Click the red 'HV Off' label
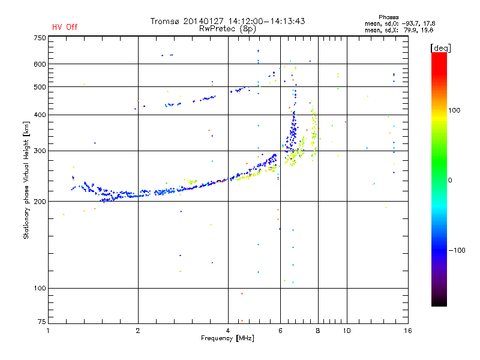[x=65, y=27]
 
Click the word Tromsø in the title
[x=164, y=21]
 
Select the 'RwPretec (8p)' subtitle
[x=227, y=29]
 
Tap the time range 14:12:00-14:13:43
[x=266, y=21]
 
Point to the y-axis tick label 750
[x=40, y=38]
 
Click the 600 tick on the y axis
[x=40, y=64]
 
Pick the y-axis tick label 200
[x=40, y=202]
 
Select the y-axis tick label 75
[x=42, y=322]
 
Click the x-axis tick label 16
[x=408, y=331]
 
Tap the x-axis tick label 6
[x=280, y=331]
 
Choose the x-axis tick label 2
[x=138, y=331]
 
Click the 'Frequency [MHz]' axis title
[x=228, y=338]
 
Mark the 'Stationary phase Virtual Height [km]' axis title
[x=26, y=180]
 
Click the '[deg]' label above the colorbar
[x=440, y=48]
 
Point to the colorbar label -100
[x=457, y=250]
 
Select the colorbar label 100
[x=454, y=110]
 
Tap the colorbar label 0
[x=450, y=180]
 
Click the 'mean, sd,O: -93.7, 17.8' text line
[x=400, y=23]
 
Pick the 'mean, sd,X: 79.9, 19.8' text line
[x=399, y=30]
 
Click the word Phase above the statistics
[x=388, y=17]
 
